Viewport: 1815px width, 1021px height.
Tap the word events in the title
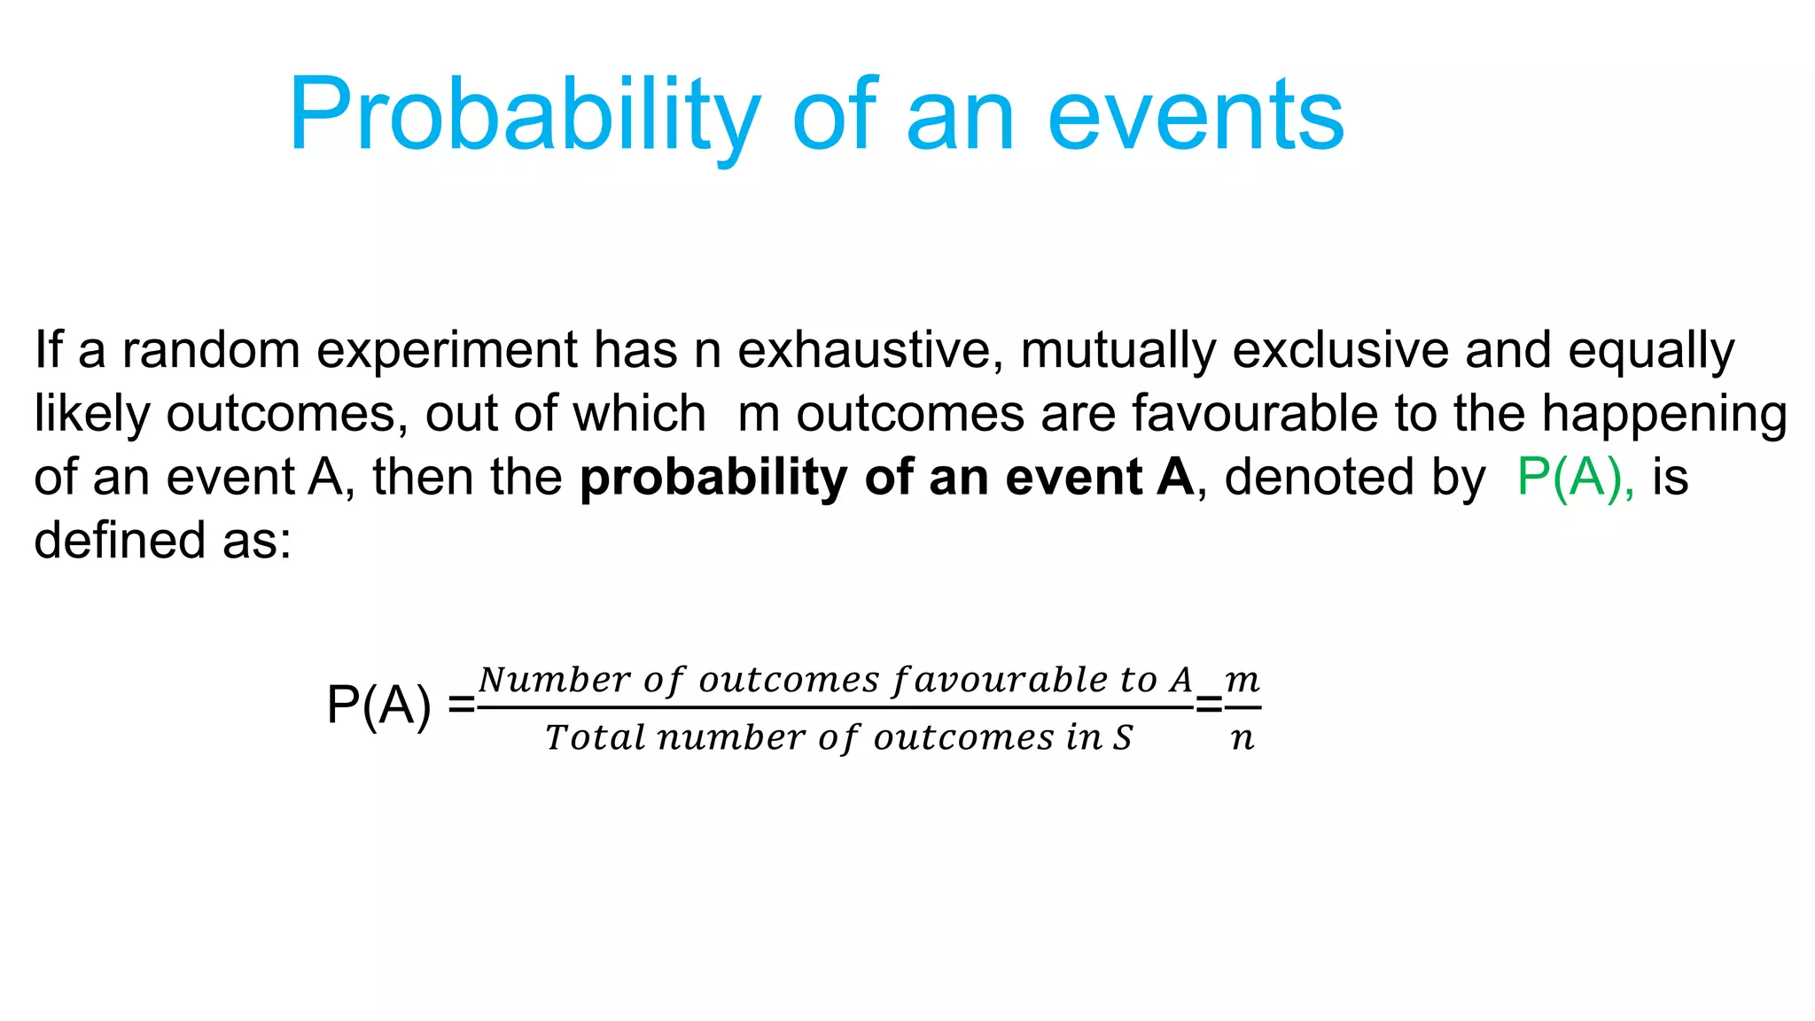coord(1196,115)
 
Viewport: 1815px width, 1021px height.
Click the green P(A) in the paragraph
coord(1574,477)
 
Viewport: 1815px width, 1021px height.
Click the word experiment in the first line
coord(447,351)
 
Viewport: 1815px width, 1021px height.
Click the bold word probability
coord(713,479)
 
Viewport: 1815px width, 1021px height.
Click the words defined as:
coord(163,540)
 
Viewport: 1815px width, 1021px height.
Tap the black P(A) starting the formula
coord(379,705)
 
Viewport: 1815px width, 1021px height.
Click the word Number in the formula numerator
coord(555,680)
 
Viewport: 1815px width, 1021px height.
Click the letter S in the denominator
coord(1123,737)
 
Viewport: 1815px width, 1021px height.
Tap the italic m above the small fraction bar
coord(1242,680)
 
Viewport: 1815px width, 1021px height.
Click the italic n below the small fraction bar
coord(1242,737)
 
